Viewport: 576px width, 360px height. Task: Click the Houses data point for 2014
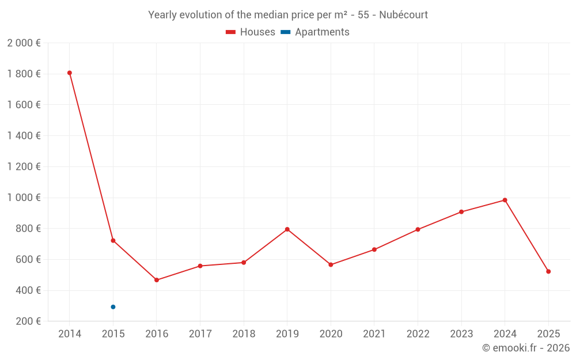tap(70, 73)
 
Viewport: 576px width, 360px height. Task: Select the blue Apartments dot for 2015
tap(113, 307)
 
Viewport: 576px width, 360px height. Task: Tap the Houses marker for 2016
tap(157, 280)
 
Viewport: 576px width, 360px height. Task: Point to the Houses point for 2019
tap(287, 229)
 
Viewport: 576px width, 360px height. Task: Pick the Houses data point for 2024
tap(505, 200)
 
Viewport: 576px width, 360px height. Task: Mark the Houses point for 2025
tap(548, 271)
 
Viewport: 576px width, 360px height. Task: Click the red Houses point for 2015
tap(113, 240)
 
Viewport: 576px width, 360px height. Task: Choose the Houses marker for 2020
tap(331, 265)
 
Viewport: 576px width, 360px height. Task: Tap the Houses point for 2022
tap(418, 229)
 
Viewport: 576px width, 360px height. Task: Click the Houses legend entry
tap(251, 32)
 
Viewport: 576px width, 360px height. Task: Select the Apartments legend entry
tap(315, 32)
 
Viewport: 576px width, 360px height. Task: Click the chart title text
tap(288, 15)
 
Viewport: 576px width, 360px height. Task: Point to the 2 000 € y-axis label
tap(24, 43)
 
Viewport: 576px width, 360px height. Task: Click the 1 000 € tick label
tap(24, 198)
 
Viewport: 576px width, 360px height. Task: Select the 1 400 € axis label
tap(24, 136)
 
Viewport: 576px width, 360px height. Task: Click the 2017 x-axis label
tap(200, 334)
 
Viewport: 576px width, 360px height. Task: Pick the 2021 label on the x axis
tap(374, 334)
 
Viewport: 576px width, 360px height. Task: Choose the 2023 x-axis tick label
tap(461, 334)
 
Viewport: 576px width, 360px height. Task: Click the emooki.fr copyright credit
tap(526, 348)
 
